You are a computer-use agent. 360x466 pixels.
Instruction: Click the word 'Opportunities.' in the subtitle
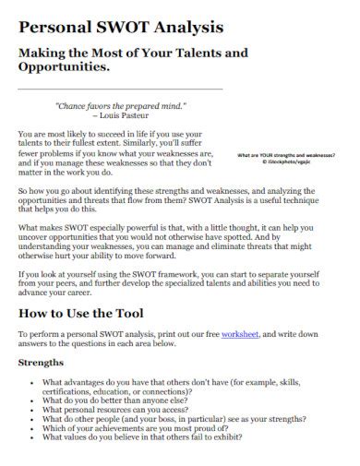pos(65,68)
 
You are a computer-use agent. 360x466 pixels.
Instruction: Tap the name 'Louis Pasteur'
pos(121,117)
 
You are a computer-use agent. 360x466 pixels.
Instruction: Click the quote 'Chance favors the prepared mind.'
pos(121,106)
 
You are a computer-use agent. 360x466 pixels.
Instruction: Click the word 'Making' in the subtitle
pos(42,53)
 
